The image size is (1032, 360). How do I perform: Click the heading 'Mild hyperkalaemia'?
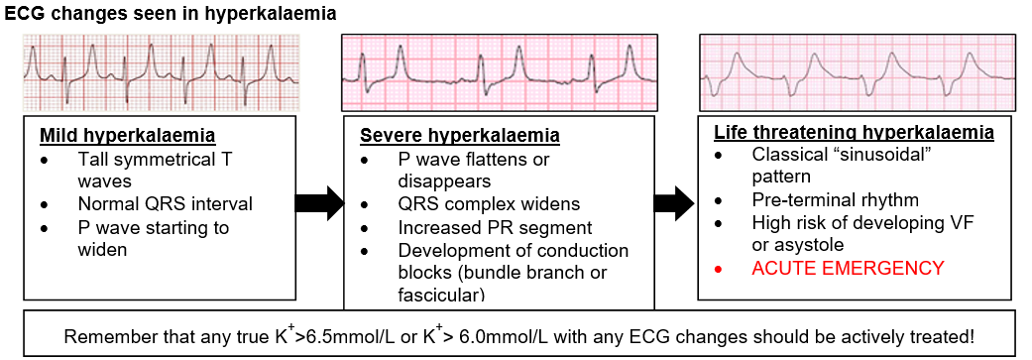click(127, 136)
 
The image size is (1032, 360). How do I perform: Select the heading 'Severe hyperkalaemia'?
click(460, 136)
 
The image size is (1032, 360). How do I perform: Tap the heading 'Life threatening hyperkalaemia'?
click(855, 132)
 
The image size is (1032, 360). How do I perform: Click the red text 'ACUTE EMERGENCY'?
click(849, 268)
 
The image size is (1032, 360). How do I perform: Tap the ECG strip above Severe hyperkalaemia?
click(499, 72)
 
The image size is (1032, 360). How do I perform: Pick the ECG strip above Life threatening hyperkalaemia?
click(857, 72)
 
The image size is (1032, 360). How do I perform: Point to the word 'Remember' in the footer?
click(101, 336)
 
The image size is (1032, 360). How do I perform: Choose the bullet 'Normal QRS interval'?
click(165, 204)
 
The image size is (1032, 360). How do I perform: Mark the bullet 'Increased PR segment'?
click(495, 227)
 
